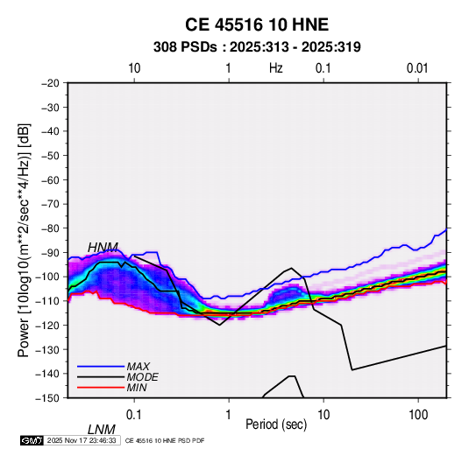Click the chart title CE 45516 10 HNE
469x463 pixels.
click(257, 25)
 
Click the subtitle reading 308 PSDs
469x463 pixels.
click(185, 47)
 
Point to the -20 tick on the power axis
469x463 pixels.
click(50, 83)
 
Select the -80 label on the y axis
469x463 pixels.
click(50, 228)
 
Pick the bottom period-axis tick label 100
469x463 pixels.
click(418, 415)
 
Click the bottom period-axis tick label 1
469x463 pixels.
click(229, 415)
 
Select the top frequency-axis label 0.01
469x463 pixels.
click(417, 68)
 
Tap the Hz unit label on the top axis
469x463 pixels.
click(276, 68)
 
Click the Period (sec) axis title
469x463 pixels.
click(276, 424)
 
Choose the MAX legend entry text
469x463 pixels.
click(139, 367)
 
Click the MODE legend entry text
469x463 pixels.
click(142, 377)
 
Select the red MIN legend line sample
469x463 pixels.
click(101, 388)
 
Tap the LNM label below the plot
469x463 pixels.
click(102, 430)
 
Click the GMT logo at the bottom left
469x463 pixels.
click(32, 440)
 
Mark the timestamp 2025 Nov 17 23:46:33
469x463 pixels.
click(82, 440)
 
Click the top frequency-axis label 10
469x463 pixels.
click(134, 68)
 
